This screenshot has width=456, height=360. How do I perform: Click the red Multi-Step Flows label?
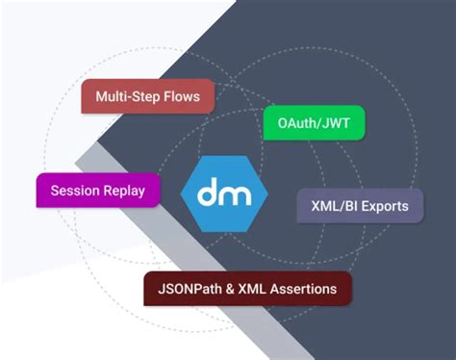(x=147, y=97)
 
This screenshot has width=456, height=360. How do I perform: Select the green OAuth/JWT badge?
(x=314, y=122)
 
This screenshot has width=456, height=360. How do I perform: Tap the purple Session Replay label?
(x=97, y=190)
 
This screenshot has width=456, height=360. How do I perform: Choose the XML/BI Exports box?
(x=360, y=206)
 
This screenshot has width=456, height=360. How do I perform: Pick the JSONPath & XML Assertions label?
(x=247, y=288)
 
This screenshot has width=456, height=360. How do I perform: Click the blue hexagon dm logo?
(x=224, y=194)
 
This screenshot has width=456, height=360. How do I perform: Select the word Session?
(x=76, y=190)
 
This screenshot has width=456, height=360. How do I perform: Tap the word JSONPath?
(x=188, y=288)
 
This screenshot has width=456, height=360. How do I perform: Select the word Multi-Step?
(x=127, y=97)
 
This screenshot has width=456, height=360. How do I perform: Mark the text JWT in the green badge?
(x=334, y=122)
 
